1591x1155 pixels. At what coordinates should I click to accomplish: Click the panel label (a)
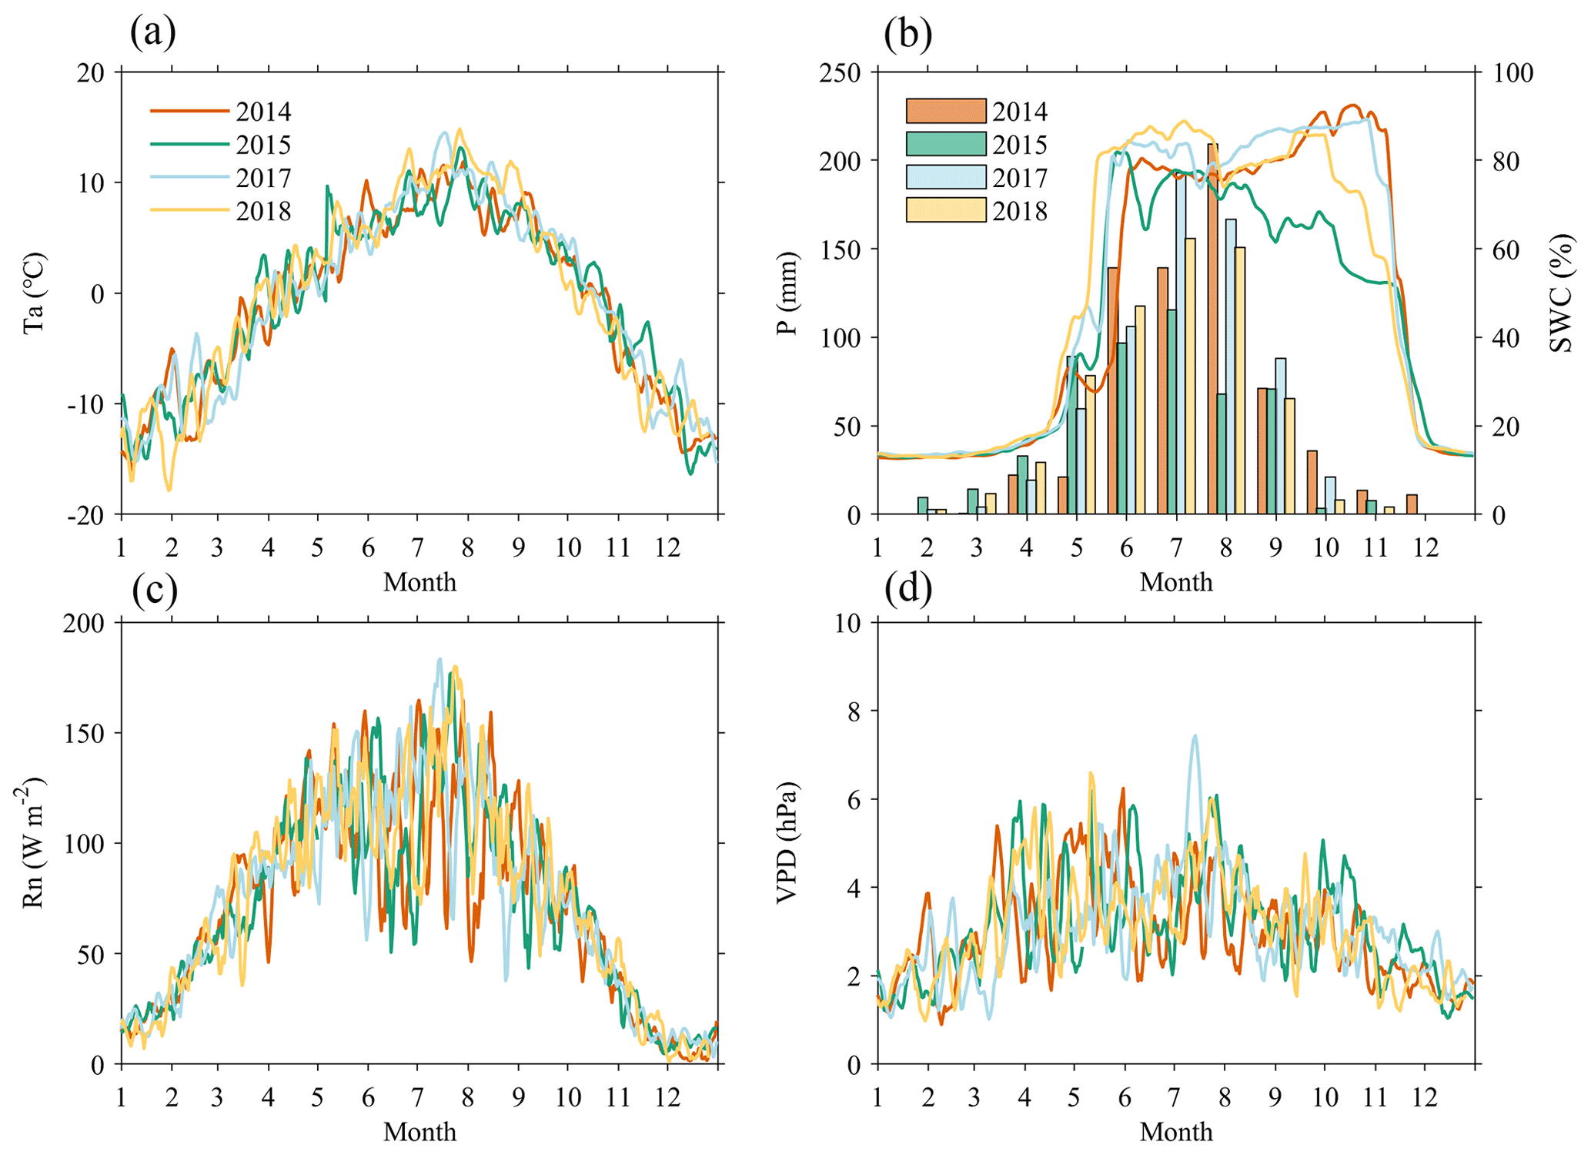point(152,32)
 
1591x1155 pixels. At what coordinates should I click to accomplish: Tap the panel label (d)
point(908,588)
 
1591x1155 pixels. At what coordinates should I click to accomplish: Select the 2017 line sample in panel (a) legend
point(189,177)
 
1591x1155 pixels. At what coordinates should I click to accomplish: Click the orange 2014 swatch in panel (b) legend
point(945,111)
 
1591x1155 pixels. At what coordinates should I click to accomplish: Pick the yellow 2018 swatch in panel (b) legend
point(945,210)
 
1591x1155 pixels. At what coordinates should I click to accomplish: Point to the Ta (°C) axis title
point(34,293)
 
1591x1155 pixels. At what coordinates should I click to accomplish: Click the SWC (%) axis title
point(1561,293)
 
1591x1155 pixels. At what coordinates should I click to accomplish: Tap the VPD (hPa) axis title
point(787,842)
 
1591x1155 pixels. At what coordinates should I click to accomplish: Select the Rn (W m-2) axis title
point(32,842)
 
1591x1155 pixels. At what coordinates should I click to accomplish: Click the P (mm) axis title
point(787,293)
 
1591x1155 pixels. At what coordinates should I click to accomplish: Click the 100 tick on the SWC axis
point(1513,72)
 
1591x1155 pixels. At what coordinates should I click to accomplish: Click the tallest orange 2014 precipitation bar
point(1212,331)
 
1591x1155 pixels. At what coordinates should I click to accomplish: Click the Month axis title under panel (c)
point(419,1131)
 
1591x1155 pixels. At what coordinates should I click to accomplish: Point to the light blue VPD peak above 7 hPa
point(1195,738)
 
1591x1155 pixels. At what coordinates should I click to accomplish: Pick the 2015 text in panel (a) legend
point(263,145)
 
